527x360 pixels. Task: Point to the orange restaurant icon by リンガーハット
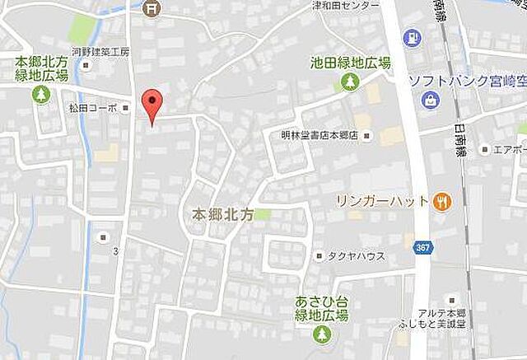click(443, 200)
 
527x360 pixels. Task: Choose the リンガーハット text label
click(382, 201)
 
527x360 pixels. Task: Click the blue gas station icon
click(409, 36)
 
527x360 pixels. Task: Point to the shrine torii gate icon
click(152, 8)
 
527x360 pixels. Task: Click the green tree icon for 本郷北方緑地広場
click(40, 95)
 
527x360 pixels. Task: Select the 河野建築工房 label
click(100, 51)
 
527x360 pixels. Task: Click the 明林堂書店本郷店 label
click(316, 136)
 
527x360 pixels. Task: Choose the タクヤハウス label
click(357, 256)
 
